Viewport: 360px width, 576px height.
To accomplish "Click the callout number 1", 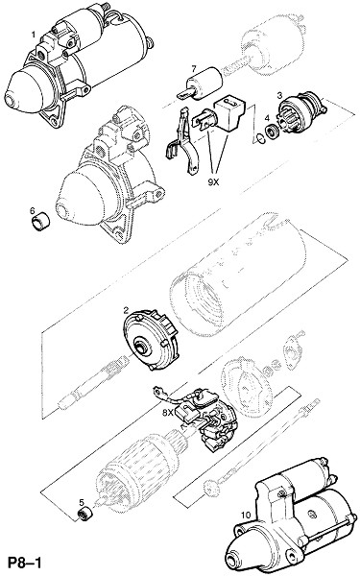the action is coord(34,36).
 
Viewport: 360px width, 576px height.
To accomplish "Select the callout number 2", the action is coord(126,311).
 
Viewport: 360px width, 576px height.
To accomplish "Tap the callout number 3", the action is coord(279,96).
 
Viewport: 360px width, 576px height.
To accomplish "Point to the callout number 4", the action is coord(267,118).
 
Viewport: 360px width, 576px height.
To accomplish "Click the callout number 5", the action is coord(82,502).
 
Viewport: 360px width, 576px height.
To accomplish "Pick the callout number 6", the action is coord(33,211).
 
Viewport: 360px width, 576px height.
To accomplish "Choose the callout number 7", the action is coord(194,69).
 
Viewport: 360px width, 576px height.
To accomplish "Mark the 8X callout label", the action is coord(167,413).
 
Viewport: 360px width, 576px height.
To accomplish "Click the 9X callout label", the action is coord(213,182).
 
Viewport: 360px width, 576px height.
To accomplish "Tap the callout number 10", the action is coord(246,516).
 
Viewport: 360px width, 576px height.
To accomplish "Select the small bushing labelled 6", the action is coord(40,224).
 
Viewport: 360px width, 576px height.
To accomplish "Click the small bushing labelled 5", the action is coord(85,513).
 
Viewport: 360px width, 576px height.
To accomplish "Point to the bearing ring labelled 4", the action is coord(273,132).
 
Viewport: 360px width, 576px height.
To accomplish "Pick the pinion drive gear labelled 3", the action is coord(301,111).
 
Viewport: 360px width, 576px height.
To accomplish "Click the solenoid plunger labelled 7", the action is coord(202,84).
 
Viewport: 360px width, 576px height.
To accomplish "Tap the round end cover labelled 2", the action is coord(152,341).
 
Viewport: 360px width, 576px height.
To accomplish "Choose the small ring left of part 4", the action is coord(260,139).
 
